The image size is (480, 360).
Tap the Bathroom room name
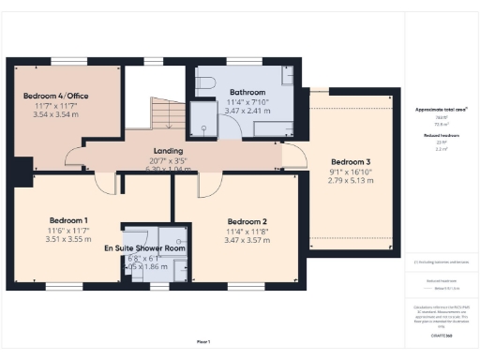coord(247,92)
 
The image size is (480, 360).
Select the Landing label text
coord(169,150)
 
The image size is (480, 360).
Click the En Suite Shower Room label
coord(143,248)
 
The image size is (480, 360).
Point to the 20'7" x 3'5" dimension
coord(169,160)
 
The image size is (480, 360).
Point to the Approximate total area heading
coord(442,110)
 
